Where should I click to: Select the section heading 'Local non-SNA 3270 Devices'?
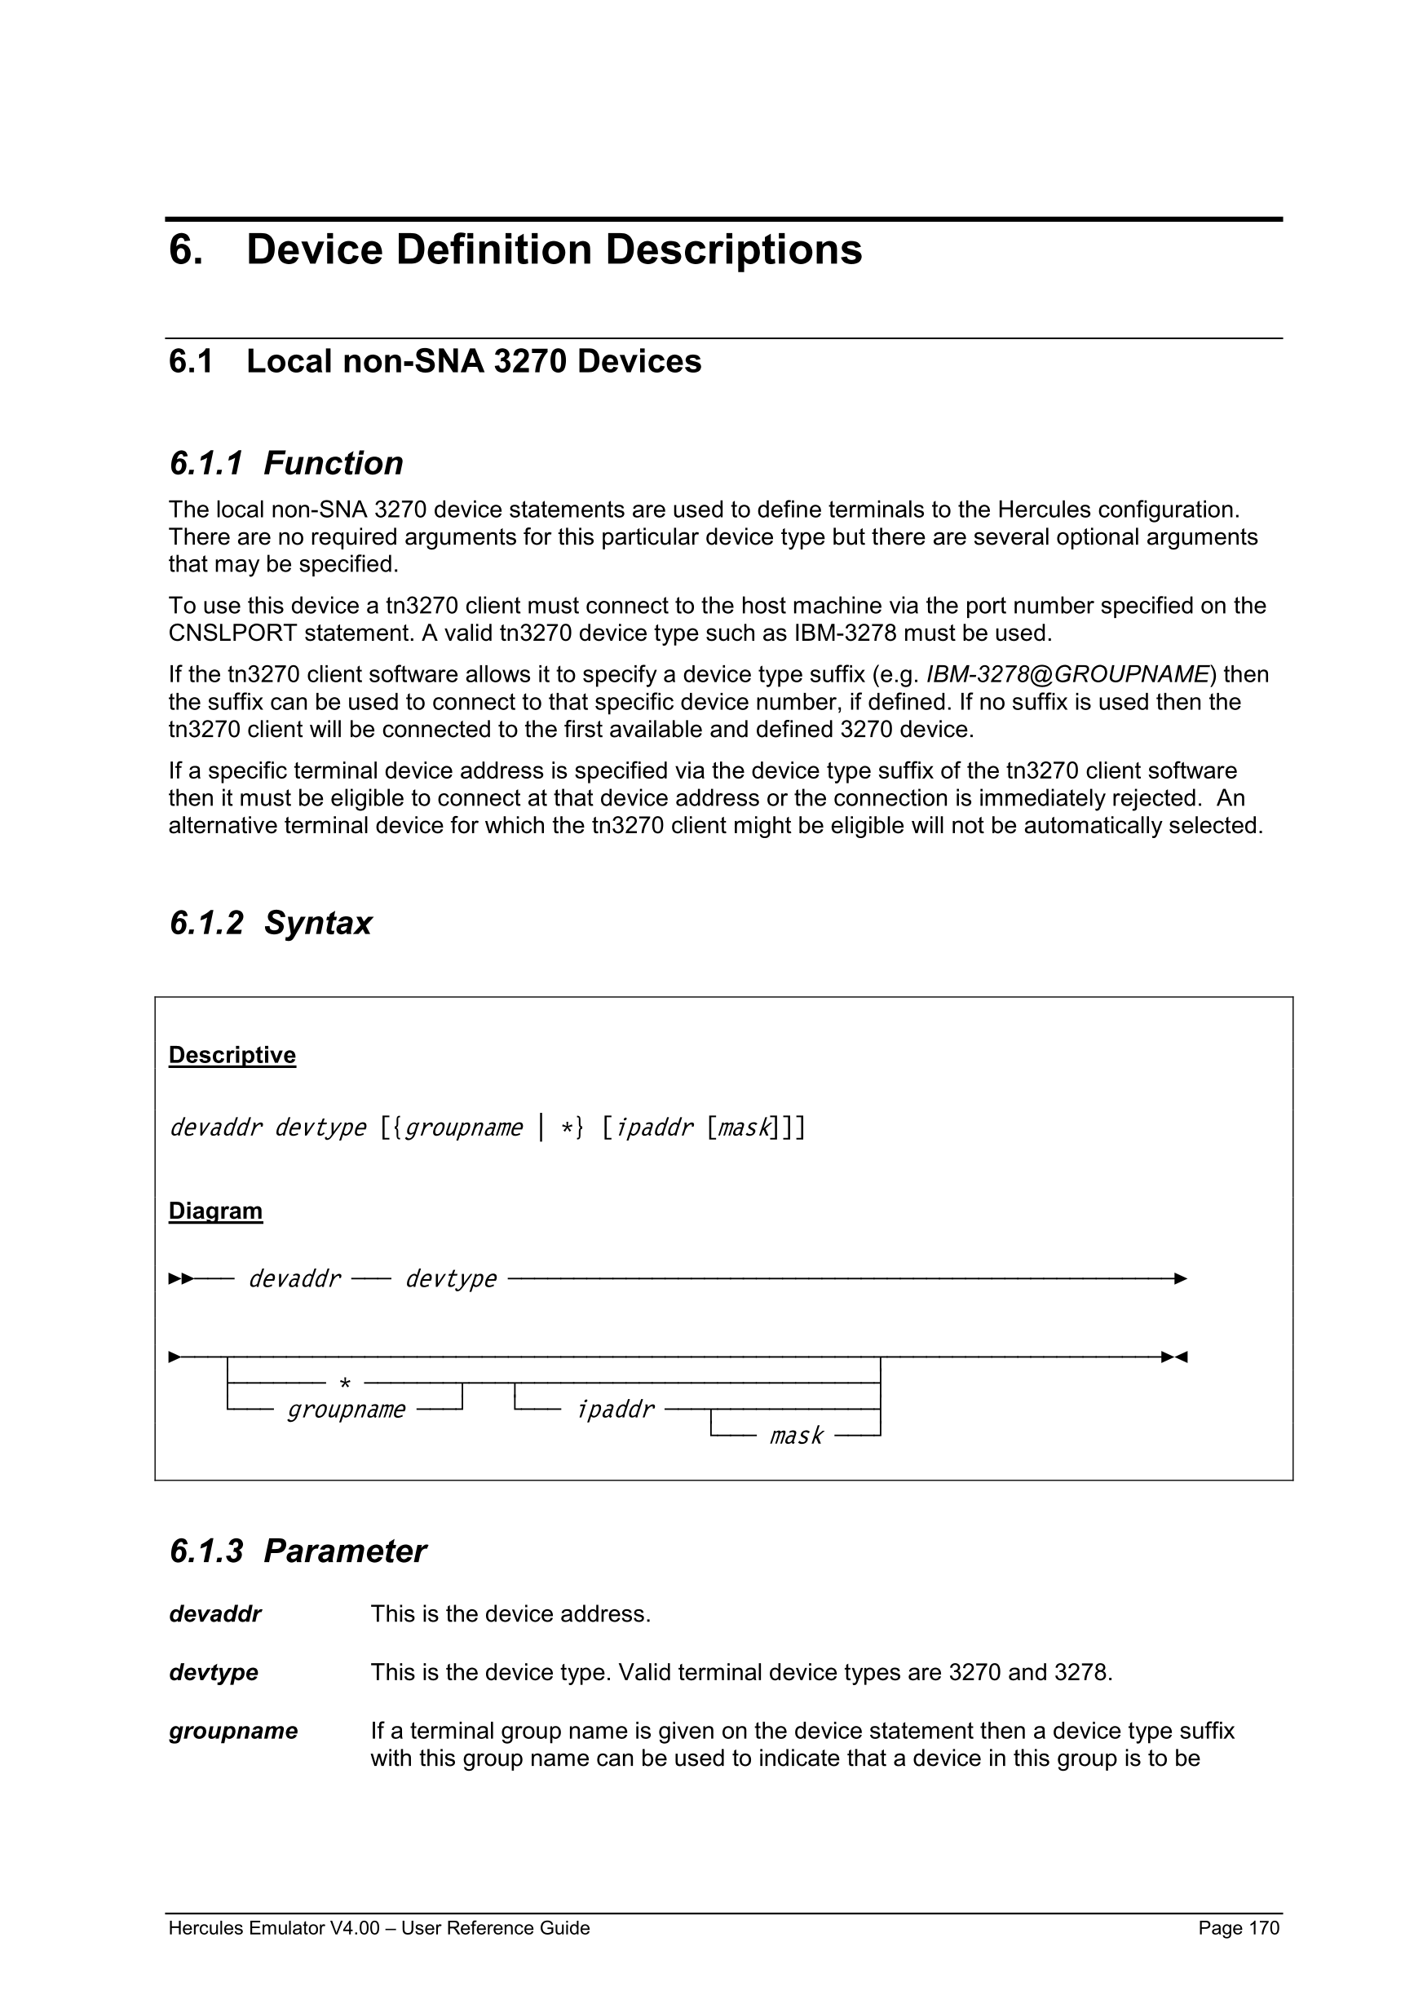coord(474,361)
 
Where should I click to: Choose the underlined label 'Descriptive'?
coord(232,1055)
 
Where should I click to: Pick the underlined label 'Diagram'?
coord(215,1211)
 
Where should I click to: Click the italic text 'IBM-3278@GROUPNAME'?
coord(1067,675)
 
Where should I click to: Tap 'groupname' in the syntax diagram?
coord(346,1410)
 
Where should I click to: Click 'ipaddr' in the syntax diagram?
coord(615,1410)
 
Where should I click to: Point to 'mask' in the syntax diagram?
coord(796,1436)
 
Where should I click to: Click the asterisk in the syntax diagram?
coord(345,1383)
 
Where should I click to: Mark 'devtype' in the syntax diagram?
coord(450,1279)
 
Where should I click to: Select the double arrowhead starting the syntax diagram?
coord(180,1279)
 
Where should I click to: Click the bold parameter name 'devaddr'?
coord(214,1614)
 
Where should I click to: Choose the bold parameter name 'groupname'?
coord(232,1731)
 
